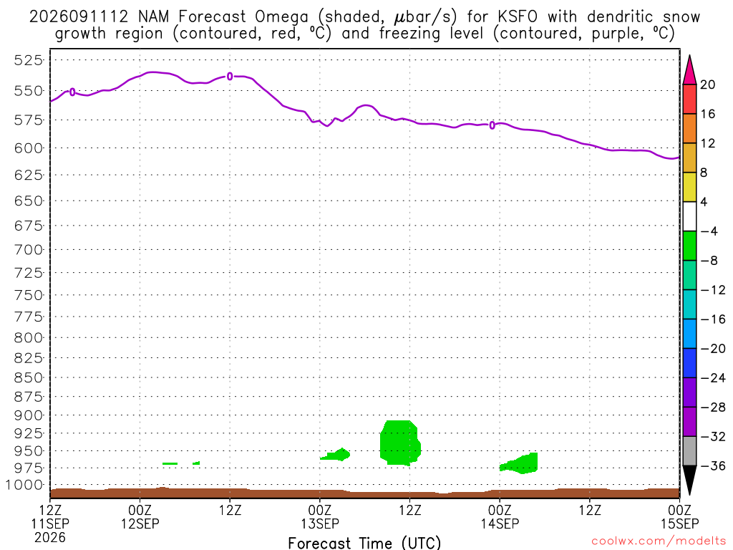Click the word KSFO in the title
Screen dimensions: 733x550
[x=518, y=17]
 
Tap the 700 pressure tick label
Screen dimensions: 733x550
[x=29, y=250]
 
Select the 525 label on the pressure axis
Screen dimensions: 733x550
[x=29, y=60]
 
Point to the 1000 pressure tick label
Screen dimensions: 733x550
[x=24, y=485]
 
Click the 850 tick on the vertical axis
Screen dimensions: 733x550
[x=29, y=377]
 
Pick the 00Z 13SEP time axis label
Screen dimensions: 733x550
[x=320, y=517]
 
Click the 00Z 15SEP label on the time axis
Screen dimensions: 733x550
[x=680, y=517]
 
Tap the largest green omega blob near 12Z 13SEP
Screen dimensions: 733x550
[x=399, y=443]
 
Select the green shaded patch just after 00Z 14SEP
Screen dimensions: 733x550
[x=520, y=463]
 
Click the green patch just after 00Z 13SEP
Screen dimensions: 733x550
[x=336, y=455]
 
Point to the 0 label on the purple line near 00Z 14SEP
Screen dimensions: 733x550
[x=492, y=125]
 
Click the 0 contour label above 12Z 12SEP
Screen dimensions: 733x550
[x=230, y=76]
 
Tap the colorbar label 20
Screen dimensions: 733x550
[x=708, y=85]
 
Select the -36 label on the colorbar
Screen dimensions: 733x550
[x=713, y=465]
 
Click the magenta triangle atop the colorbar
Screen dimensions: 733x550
[x=689, y=70]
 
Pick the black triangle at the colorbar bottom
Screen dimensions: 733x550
[x=689, y=481]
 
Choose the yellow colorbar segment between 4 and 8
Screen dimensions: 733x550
[x=689, y=187]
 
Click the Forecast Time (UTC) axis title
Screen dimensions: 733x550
[x=364, y=543]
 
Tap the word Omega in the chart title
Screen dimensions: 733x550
[x=282, y=17]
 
